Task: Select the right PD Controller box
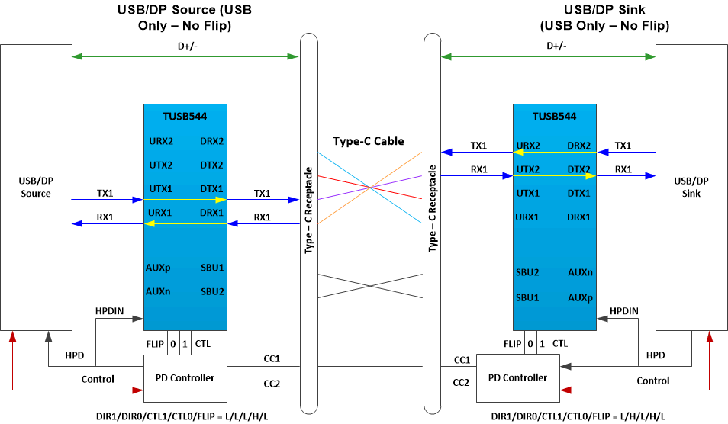click(517, 377)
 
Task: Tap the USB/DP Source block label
click(36, 187)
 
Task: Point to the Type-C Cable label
click(369, 141)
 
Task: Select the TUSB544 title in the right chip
click(554, 117)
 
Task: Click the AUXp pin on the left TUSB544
click(158, 268)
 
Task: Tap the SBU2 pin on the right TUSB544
click(527, 272)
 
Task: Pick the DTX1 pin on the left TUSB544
click(211, 188)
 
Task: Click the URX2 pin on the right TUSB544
click(527, 145)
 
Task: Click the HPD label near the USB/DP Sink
click(655, 355)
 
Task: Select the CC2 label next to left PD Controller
click(272, 384)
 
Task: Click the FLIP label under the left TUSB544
click(155, 344)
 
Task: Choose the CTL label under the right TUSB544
click(559, 344)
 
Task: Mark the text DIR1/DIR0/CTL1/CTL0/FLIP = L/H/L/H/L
click(577, 416)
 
